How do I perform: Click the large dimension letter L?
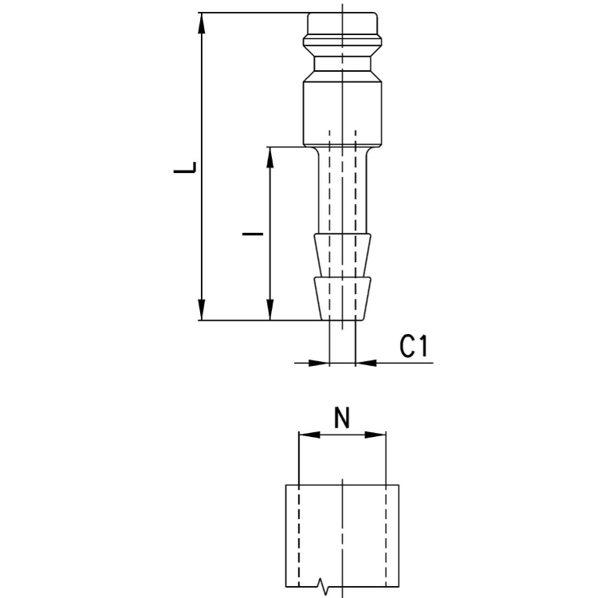(185, 167)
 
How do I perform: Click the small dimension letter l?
(253, 234)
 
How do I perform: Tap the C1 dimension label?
(414, 346)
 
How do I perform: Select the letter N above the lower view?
(342, 418)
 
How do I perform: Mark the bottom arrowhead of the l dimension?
(270, 309)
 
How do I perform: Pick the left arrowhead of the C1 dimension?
(318, 363)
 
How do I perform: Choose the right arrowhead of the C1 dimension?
(366, 363)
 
